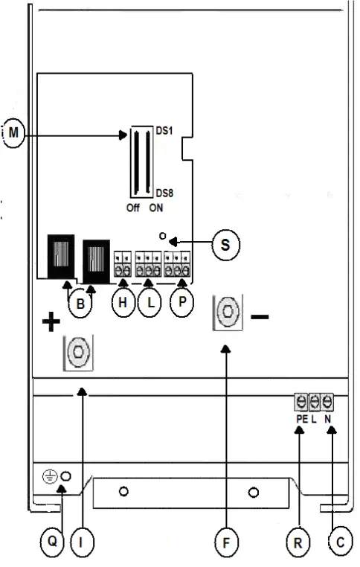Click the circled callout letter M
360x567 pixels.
pyautogui.click(x=13, y=135)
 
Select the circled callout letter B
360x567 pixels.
pyautogui.click(x=80, y=304)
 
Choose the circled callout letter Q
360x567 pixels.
pyautogui.click(x=52, y=543)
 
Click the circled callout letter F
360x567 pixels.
pyautogui.click(x=225, y=543)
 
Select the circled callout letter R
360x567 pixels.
pyautogui.click(x=298, y=543)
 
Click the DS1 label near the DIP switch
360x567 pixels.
pyautogui.click(x=164, y=130)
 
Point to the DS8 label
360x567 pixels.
pyautogui.click(x=164, y=193)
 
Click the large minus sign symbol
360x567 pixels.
pyautogui.click(x=260, y=315)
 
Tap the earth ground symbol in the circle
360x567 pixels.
pyautogui.click(x=50, y=477)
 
